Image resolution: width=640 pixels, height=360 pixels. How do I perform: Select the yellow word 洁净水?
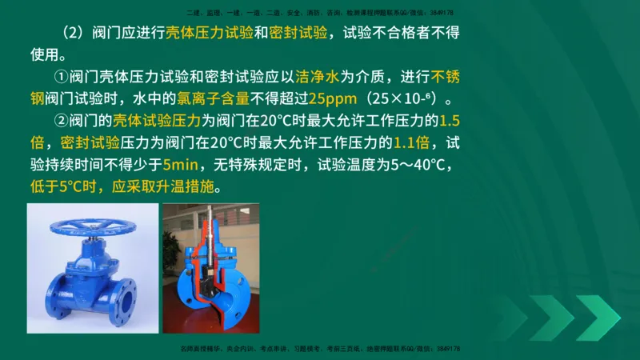click(314, 78)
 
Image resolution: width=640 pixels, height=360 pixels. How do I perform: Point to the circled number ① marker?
click(61, 78)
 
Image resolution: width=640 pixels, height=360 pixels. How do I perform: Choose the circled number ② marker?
click(61, 122)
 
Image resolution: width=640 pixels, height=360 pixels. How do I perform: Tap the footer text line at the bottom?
click(321, 350)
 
